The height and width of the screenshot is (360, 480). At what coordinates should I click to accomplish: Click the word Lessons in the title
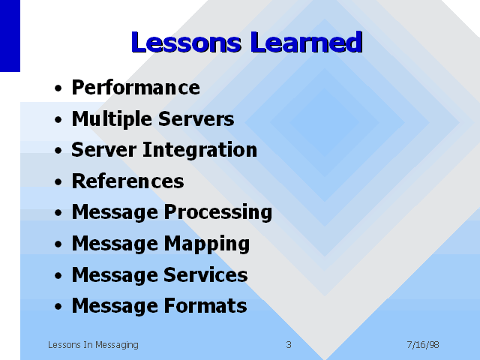[187, 42]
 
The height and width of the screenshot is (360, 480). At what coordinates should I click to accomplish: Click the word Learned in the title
[307, 42]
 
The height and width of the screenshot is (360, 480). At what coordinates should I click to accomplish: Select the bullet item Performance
[136, 88]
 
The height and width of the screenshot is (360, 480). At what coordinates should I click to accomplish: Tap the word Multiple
[112, 118]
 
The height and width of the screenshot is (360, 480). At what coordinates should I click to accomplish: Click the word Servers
[196, 118]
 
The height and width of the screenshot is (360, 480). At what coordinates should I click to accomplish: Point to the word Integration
[200, 150]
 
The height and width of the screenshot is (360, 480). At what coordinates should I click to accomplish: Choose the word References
[128, 181]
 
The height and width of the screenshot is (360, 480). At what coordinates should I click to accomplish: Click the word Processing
[218, 212]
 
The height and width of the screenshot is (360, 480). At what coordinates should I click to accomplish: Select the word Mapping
[207, 244]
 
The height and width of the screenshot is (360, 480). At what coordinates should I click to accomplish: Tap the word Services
[205, 274]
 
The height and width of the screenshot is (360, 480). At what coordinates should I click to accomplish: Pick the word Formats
[205, 305]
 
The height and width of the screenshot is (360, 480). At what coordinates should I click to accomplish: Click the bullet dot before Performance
[58, 88]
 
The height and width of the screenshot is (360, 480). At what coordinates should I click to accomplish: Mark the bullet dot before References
[58, 181]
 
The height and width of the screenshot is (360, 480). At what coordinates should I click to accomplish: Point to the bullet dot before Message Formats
[58, 307]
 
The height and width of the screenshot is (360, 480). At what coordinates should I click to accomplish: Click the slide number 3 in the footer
[289, 345]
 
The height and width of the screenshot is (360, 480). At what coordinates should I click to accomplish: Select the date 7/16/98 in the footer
[423, 345]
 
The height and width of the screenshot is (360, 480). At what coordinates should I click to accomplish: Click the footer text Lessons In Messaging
[93, 345]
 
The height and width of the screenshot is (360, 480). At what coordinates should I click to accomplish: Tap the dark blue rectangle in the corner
[10, 36]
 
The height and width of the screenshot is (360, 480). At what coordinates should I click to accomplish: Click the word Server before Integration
[104, 150]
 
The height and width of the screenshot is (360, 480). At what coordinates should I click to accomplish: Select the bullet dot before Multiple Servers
[58, 120]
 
